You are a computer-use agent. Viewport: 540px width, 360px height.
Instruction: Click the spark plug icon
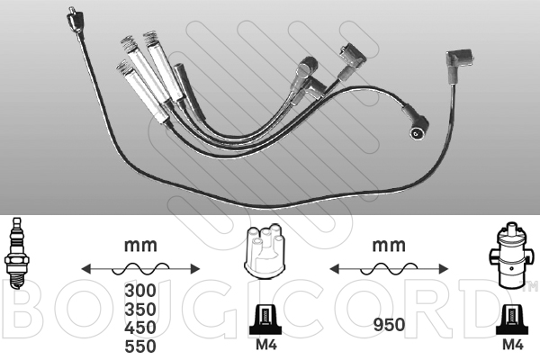(x=15, y=253)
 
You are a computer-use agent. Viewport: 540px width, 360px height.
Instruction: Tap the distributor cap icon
(x=264, y=252)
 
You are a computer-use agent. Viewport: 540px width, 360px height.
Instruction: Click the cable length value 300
(x=140, y=291)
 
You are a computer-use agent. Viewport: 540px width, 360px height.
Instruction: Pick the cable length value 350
(x=140, y=309)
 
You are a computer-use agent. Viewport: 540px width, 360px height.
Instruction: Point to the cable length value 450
(x=140, y=328)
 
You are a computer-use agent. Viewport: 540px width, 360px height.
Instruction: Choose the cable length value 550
(x=140, y=346)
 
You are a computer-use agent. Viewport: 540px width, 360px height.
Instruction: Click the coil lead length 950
(x=389, y=325)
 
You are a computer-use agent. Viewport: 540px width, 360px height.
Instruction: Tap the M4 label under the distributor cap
(x=266, y=345)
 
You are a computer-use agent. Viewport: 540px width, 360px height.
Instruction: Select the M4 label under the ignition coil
(x=513, y=345)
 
